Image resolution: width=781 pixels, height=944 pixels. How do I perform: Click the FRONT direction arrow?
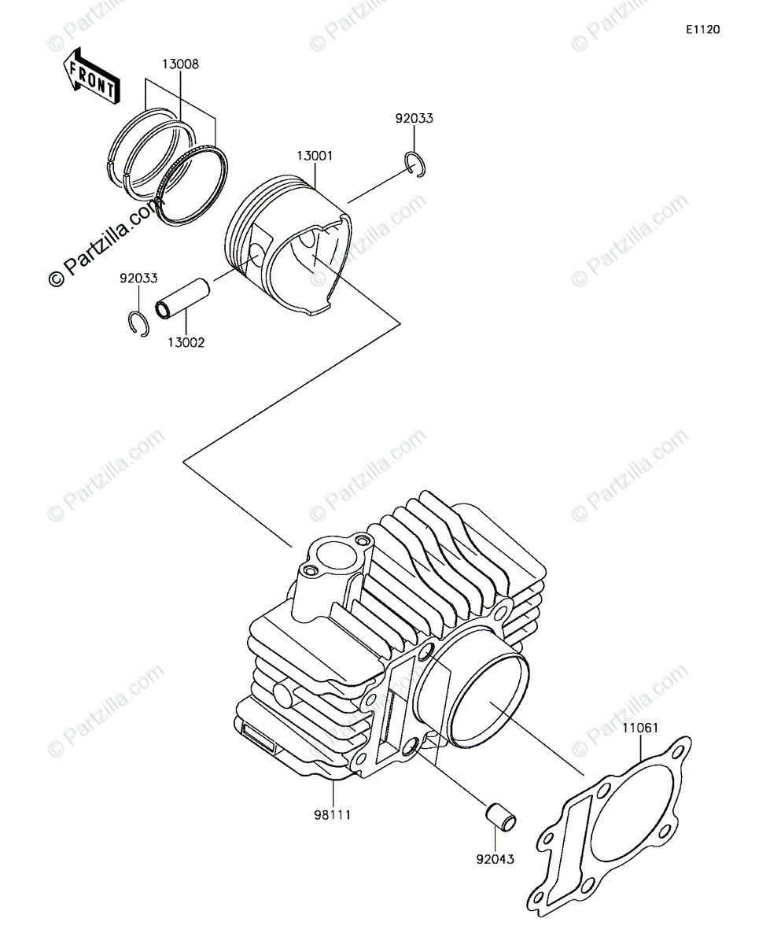pos(90,76)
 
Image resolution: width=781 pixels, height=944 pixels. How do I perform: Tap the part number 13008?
pos(181,65)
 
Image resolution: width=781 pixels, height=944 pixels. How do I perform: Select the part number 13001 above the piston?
pos(315,156)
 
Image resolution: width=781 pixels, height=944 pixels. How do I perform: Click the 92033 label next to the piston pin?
pos(138,278)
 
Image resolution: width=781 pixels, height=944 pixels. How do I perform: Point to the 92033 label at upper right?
pos(414,119)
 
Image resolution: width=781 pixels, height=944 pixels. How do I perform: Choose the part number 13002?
pos(186,342)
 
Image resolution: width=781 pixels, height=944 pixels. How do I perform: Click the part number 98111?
pos(332,814)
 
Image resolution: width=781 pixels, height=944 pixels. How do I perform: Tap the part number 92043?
pos(495,859)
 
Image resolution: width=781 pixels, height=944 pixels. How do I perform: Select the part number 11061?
pos(640,728)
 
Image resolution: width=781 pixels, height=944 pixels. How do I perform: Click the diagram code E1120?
pos(702,30)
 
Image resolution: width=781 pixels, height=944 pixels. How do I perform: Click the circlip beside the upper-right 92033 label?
pos(416,164)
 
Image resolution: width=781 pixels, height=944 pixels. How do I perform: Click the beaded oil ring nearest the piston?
pos(192,185)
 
